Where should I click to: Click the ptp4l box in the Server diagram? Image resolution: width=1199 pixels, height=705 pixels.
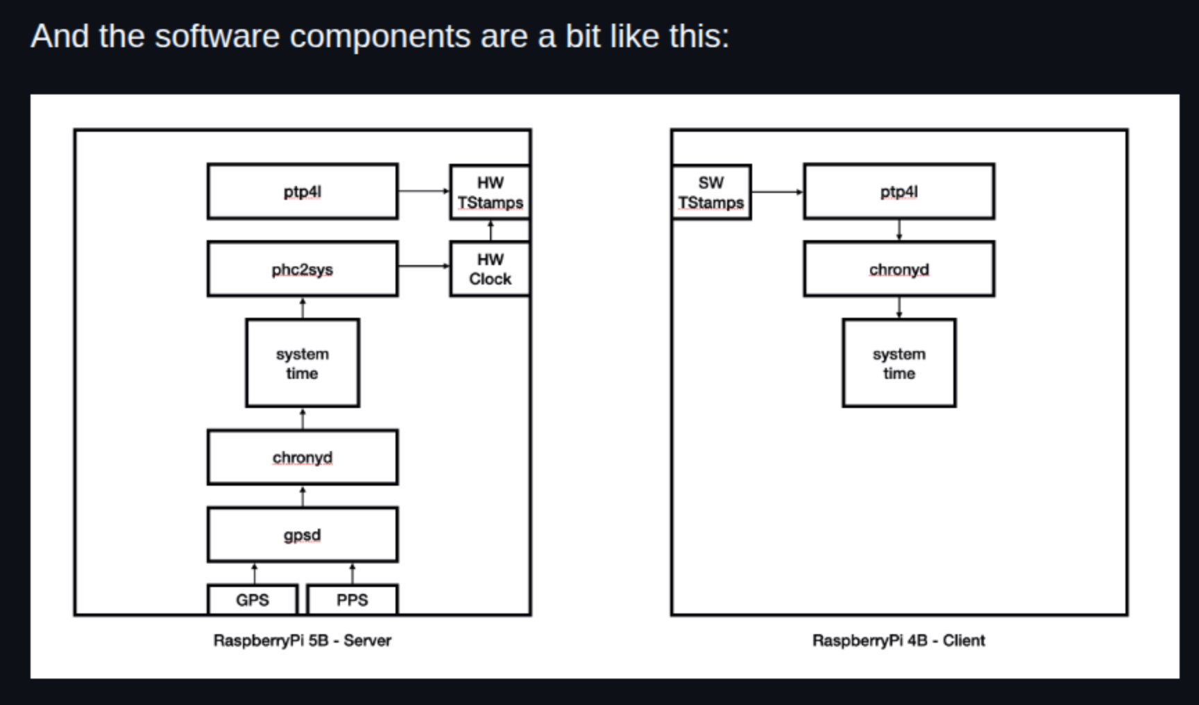[303, 192]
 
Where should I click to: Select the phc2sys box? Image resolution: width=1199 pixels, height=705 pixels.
[303, 269]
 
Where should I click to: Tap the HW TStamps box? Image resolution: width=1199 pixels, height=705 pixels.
[490, 192]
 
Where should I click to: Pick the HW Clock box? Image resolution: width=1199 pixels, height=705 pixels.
[490, 269]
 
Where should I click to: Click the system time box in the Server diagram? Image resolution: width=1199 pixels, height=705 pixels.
[303, 363]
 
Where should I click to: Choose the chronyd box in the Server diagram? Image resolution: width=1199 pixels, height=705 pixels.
[303, 457]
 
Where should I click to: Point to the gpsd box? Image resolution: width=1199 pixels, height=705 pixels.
[303, 535]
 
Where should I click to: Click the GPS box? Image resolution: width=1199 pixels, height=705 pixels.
[253, 600]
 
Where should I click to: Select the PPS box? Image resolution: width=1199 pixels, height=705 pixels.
[352, 600]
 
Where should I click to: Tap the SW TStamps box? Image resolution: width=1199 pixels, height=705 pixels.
[711, 192]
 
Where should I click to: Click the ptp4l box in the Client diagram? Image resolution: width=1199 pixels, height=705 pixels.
[899, 192]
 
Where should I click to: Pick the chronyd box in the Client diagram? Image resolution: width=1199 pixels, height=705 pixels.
[899, 269]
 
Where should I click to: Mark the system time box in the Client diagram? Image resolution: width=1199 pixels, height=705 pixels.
[899, 363]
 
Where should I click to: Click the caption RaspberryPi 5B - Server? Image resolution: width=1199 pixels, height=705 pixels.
[302, 640]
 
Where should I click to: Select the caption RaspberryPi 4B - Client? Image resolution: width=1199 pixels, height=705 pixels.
[899, 640]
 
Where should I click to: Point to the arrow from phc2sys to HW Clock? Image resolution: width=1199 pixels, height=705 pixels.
[424, 266]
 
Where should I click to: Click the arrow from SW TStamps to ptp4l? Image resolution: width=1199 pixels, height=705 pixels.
[778, 192]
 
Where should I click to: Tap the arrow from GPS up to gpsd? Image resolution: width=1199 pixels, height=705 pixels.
[254, 574]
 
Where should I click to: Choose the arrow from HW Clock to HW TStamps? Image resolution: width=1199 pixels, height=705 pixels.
[491, 230]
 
